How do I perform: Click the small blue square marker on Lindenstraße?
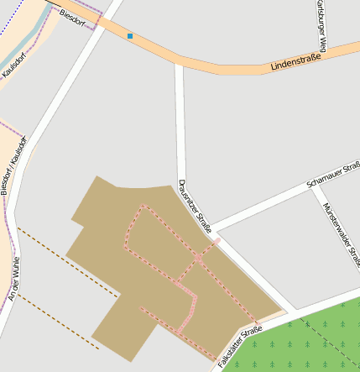(130, 36)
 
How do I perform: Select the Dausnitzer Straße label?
(195, 206)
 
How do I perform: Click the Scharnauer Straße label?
(333, 174)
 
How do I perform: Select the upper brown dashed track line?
(67, 261)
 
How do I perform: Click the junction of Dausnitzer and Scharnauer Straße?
(212, 229)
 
